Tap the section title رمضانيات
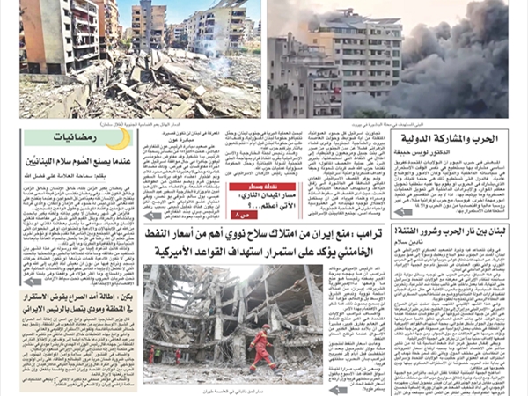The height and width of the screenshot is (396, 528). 77,138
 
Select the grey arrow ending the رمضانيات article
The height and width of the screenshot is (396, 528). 32,282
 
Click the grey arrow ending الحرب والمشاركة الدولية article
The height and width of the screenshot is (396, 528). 404,211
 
